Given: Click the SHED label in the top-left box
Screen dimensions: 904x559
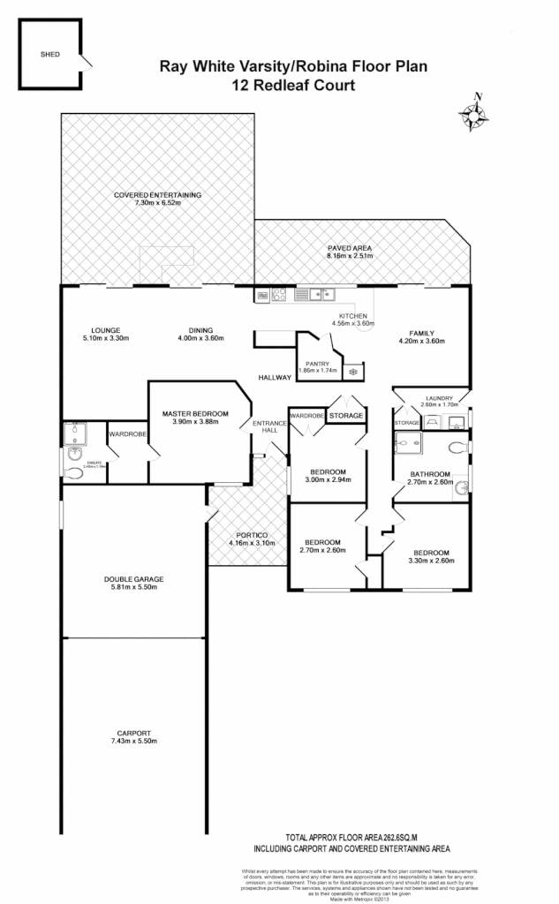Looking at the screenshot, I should [x=49, y=53].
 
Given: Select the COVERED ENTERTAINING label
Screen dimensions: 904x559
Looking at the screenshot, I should [x=158, y=194].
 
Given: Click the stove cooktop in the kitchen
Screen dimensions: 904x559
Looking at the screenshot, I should [x=279, y=295].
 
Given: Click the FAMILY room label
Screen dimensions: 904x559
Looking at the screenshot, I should [x=418, y=333].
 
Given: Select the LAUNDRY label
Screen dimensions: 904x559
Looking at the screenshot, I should [x=438, y=397].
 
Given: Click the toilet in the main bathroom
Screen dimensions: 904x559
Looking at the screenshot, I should [x=457, y=446].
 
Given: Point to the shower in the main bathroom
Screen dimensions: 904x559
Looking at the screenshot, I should [x=409, y=444].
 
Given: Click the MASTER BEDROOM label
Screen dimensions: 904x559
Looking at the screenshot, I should [x=195, y=413].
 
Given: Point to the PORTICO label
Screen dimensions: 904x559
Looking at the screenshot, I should [x=252, y=534].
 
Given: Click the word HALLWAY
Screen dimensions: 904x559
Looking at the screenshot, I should [x=275, y=378].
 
